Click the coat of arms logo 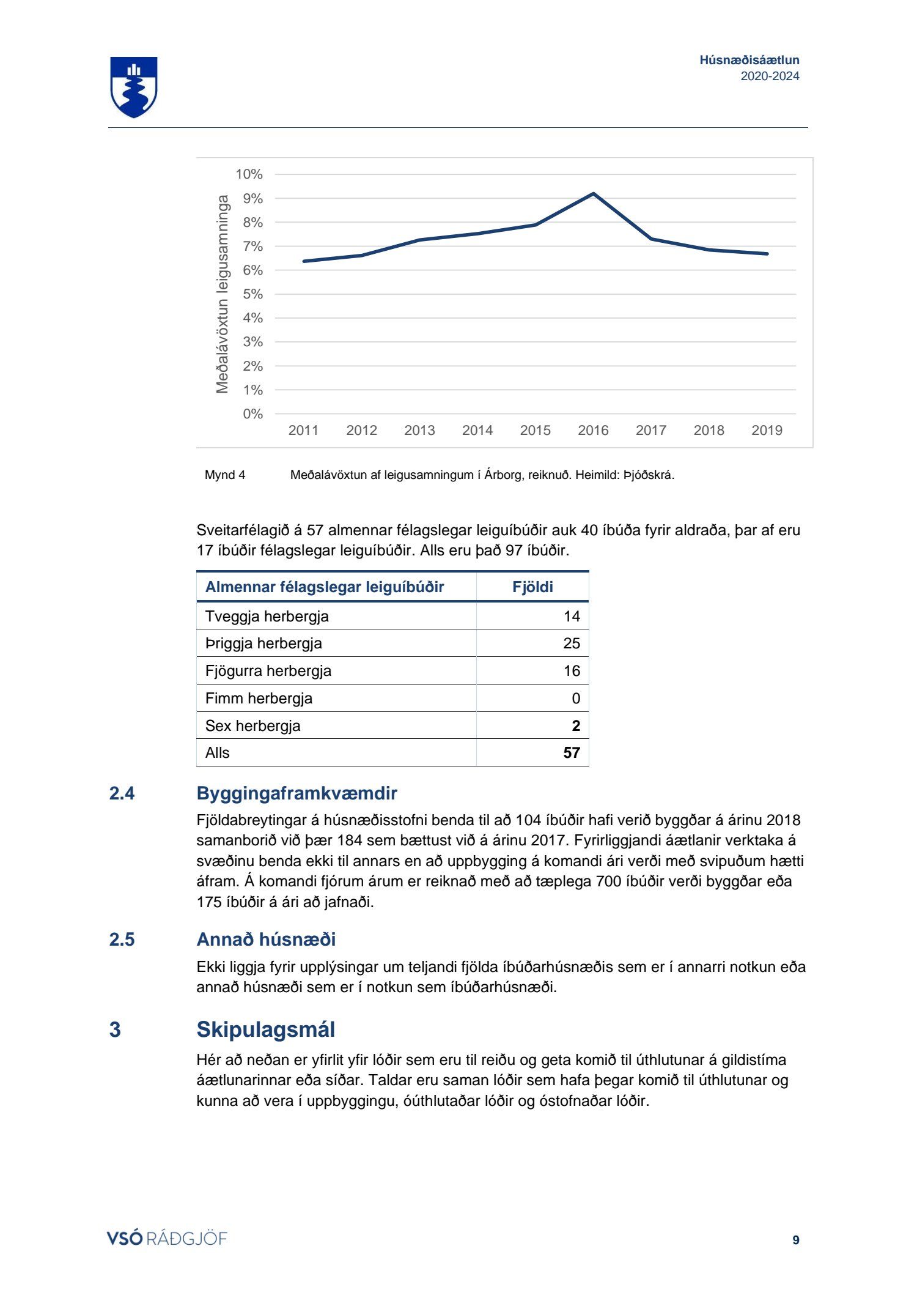click(134, 87)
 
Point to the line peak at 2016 click(593, 194)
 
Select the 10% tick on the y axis click(249, 174)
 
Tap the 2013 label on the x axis click(419, 430)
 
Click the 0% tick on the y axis click(252, 414)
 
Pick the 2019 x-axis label click(767, 430)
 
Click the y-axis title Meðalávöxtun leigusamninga click(223, 294)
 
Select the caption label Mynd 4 click(225, 475)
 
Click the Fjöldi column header click(532, 587)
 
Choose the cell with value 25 click(572, 643)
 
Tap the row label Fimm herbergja click(259, 699)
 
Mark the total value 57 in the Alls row click(572, 753)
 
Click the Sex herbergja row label click(252, 726)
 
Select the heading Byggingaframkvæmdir click(296, 793)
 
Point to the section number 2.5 click(122, 940)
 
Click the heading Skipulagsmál click(265, 1029)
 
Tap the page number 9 click(795, 1240)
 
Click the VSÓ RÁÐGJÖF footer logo click(167, 1239)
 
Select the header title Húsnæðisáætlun click(749, 60)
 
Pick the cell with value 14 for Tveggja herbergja click(572, 617)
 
